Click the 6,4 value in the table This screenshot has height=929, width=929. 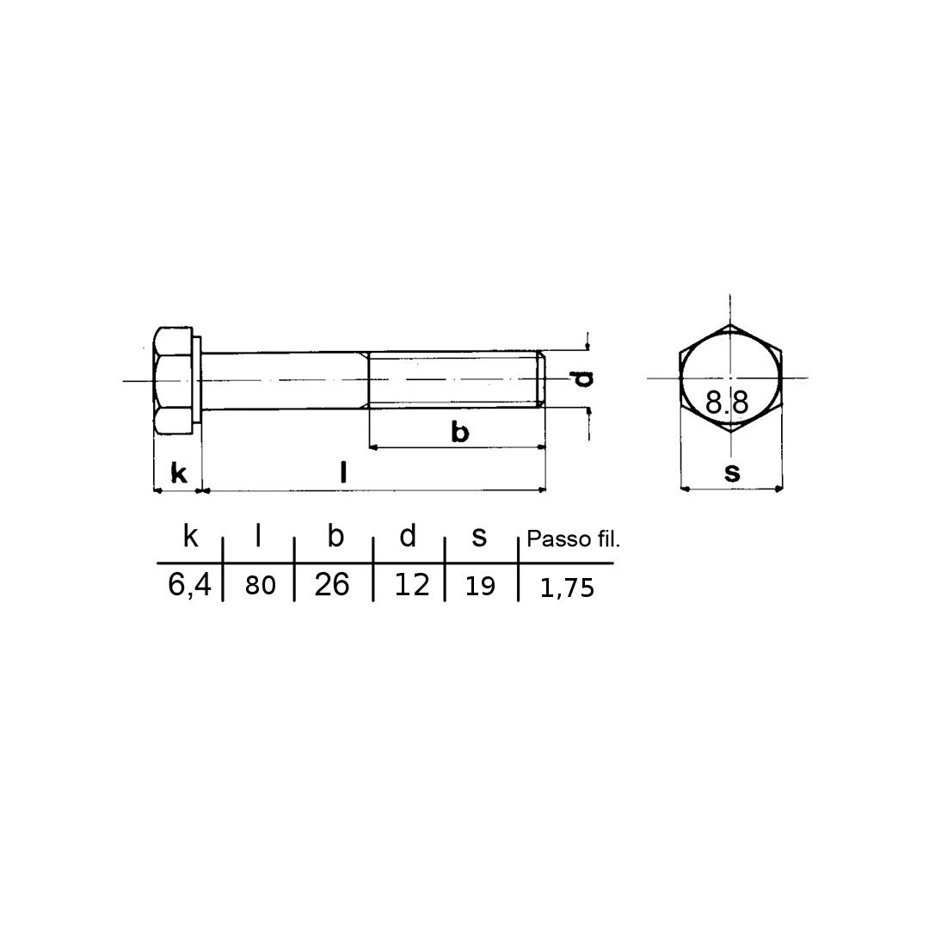pyautogui.click(x=189, y=586)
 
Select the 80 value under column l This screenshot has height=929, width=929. pyautogui.click(x=261, y=586)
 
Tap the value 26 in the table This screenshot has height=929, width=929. pyautogui.click(x=332, y=585)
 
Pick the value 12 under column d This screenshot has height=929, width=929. pyautogui.click(x=412, y=585)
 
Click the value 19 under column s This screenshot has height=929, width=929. pyautogui.click(x=480, y=587)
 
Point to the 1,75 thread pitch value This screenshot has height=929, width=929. pyautogui.click(x=567, y=588)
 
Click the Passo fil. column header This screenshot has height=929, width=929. pyautogui.click(x=573, y=539)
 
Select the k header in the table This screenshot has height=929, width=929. pyautogui.click(x=190, y=536)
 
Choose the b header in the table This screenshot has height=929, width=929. pyautogui.click(x=335, y=536)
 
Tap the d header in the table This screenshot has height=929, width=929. pyautogui.click(x=408, y=536)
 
